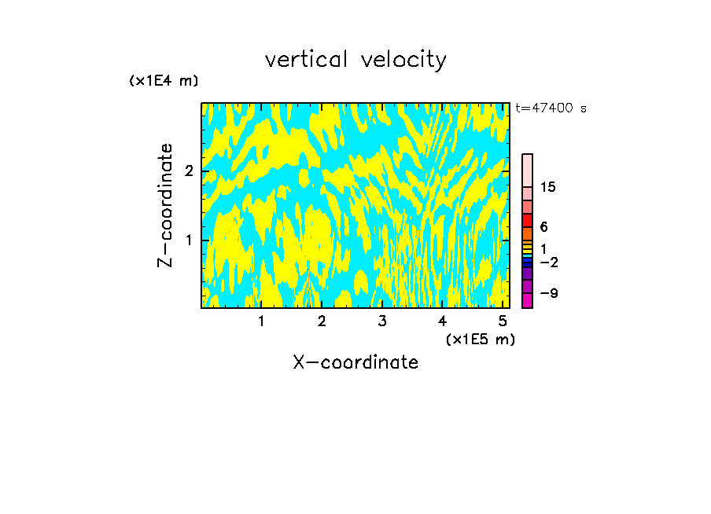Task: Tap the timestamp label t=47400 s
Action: coord(551,108)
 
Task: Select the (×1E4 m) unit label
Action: coord(164,81)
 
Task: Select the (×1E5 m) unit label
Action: coord(480,339)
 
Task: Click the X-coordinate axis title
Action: coord(355,362)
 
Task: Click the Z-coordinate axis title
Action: coord(165,205)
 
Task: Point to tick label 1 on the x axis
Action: coord(261,321)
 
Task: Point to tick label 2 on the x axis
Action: coord(322,321)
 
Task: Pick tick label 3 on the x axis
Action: coord(382,321)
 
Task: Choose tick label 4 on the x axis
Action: coord(443,321)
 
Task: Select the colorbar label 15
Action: coord(548,187)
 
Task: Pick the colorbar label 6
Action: coord(543,227)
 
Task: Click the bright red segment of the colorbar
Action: coord(527,220)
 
